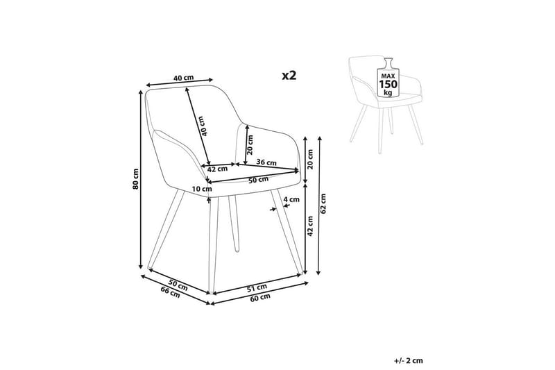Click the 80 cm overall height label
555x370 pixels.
point(137,179)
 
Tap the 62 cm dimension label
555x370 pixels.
point(322,203)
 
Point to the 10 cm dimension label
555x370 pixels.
point(203,189)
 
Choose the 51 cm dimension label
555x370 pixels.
point(257,286)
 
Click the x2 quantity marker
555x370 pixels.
point(288,75)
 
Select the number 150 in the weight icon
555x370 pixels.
point(387,85)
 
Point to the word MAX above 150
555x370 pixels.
point(387,74)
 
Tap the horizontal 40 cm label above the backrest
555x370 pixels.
point(183,78)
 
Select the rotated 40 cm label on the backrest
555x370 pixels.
point(203,124)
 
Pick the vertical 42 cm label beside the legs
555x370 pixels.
point(310,225)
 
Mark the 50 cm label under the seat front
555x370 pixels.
point(257,180)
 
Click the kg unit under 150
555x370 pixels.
point(387,93)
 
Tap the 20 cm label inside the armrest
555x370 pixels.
point(250,144)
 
